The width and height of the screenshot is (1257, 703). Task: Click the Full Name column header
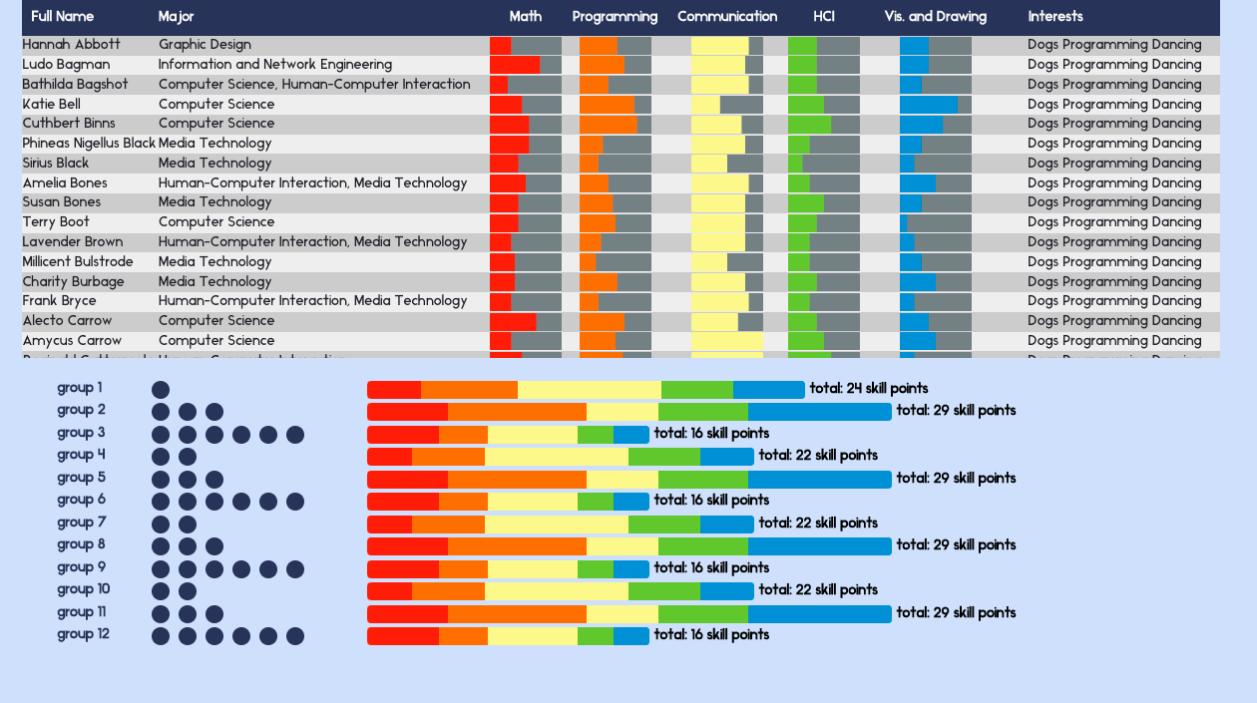click(62, 17)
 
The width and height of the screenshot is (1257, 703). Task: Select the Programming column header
click(615, 17)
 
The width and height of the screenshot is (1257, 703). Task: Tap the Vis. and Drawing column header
click(935, 17)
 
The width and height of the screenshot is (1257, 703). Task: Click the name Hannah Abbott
click(71, 45)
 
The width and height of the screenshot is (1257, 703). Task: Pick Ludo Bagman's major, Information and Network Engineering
click(274, 65)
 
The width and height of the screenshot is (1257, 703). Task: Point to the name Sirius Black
click(56, 164)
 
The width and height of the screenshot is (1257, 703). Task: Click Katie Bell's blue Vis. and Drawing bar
click(928, 105)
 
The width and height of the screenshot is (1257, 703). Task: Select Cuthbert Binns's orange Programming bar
click(608, 124)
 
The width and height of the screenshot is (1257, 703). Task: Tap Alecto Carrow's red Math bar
click(513, 321)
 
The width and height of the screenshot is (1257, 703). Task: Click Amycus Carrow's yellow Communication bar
click(726, 341)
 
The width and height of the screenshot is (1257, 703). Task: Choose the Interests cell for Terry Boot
click(1114, 222)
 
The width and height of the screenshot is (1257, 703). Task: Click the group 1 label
click(80, 388)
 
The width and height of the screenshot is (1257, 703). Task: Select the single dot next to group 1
click(161, 390)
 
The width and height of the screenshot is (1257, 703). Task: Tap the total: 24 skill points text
click(868, 389)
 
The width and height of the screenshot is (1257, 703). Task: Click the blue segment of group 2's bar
click(819, 412)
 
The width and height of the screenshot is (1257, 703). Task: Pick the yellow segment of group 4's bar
click(556, 457)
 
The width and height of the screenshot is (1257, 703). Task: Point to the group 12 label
click(83, 634)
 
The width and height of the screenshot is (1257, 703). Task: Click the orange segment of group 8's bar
click(517, 546)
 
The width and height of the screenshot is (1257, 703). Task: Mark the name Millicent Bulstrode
click(78, 262)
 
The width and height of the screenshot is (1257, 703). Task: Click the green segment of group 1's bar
click(696, 390)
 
